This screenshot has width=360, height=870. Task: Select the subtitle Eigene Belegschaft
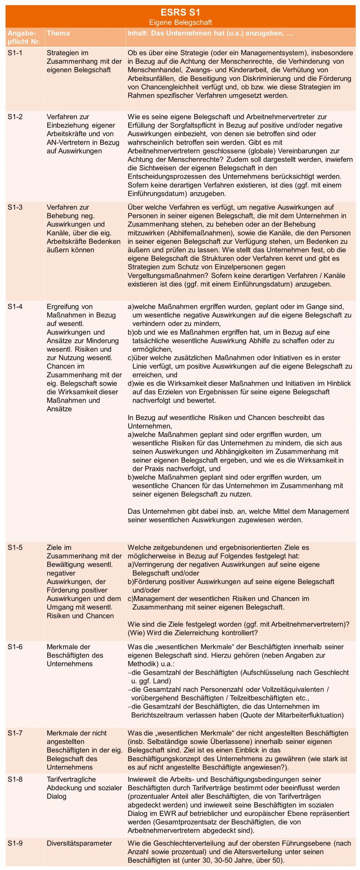coord(180,22)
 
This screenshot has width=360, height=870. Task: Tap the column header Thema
coord(58,33)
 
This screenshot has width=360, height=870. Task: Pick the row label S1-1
coord(15,53)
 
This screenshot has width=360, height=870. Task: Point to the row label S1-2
coord(15,117)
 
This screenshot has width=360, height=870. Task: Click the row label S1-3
coord(15,207)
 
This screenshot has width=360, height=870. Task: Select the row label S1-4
coord(15,306)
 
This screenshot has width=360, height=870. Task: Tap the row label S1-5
coord(15,547)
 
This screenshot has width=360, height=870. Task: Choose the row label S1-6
coord(15,646)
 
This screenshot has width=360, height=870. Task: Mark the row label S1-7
coord(15,733)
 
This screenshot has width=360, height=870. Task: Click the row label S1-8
coord(15,779)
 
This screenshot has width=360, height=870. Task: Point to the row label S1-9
coord(15,843)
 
